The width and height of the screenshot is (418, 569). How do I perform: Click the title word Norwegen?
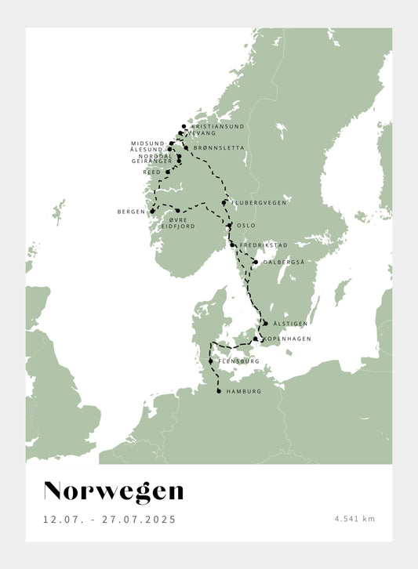pyautogui.click(x=114, y=491)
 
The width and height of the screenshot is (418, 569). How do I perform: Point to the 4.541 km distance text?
pyautogui.click(x=354, y=519)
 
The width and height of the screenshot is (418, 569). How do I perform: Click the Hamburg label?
pyautogui.click(x=243, y=391)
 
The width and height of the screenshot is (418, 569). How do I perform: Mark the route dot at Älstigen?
pyautogui.click(x=266, y=323)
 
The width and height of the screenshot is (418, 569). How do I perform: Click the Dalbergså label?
pyautogui.click(x=285, y=263)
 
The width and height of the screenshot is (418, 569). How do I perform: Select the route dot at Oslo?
pyautogui.click(x=229, y=225)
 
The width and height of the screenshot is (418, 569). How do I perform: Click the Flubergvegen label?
pyautogui.click(x=259, y=202)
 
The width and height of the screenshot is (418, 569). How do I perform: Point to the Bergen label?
pyautogui.click(x=131, y=211)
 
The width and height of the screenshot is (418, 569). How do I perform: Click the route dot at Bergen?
pyautogui.click(x=152, y=211)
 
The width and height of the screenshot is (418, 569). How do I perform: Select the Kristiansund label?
pyautogui.click(x=217, y=126)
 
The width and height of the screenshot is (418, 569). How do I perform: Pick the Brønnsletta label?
pyautogui.click(x=218, y=147)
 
